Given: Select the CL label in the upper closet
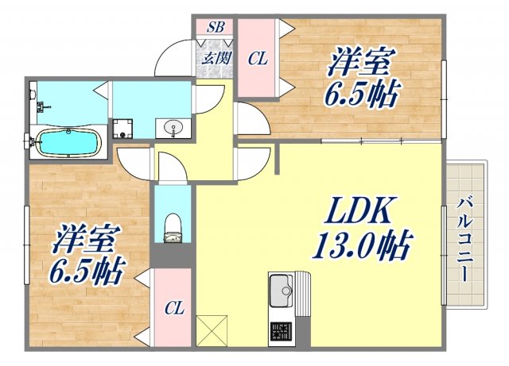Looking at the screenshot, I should point(257,58).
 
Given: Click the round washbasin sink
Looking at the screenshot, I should point(173,127).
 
